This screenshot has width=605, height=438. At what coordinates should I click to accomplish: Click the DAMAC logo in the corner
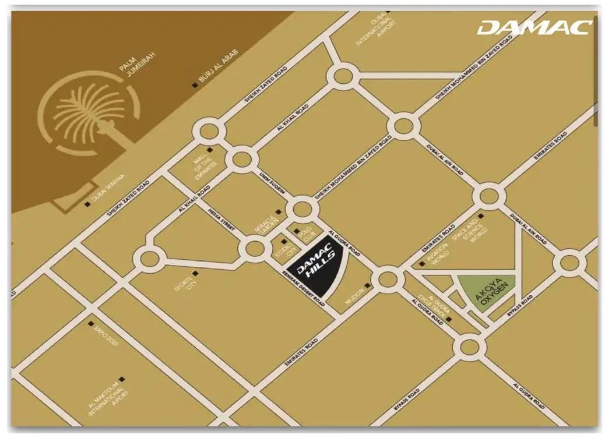534,27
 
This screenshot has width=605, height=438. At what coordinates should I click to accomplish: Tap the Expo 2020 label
105,336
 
